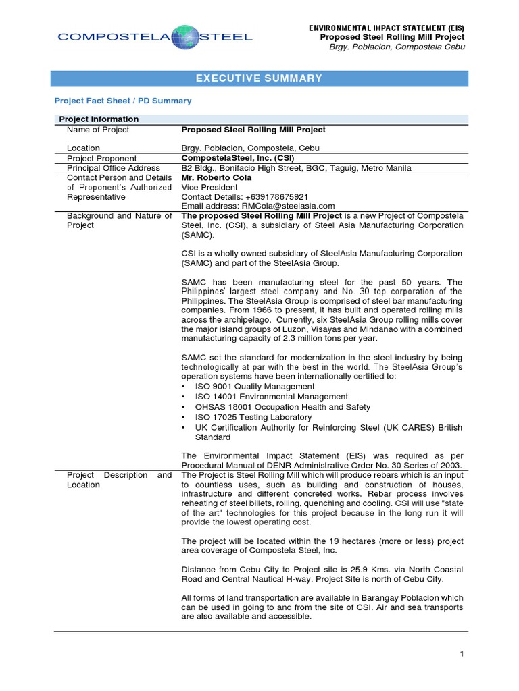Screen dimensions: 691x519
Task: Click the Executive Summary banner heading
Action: click(x=259, y=78)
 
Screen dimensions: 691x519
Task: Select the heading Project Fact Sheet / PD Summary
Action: click(x=123, y=101)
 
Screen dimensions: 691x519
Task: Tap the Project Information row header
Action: click(x=99, y=119)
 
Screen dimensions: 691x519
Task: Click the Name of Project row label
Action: click(x=98, y=130)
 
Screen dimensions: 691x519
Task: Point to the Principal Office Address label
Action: click(x=114, y=168)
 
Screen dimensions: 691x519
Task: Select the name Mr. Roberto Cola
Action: click(x=216, y=177)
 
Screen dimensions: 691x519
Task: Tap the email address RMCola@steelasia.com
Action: click(x=282, y=206)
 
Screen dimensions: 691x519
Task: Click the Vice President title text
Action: click(x=209, y=188)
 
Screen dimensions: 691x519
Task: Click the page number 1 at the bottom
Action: click(x=461, y=654)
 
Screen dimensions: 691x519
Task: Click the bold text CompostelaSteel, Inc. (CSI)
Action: click(x=233, y=158)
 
